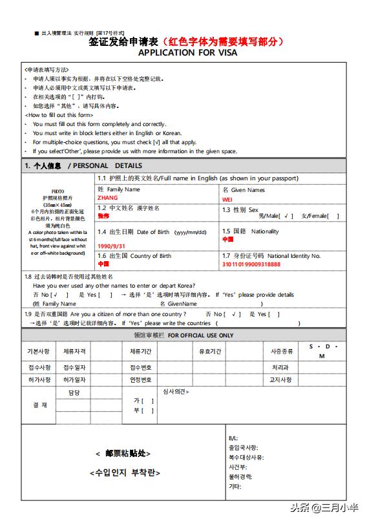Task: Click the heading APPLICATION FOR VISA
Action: coord(187,52)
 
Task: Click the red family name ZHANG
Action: coord(107,198)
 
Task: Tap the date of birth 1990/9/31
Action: coord(112,246)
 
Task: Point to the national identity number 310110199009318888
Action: coord(251,264)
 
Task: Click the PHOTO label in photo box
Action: coord(58,192)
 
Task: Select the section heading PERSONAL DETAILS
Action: coord(107,165)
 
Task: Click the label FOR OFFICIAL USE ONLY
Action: coord(201,335)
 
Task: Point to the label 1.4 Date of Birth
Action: coord(152,232)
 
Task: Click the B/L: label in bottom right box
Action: coord(233,438)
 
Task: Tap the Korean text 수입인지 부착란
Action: coord(124,473)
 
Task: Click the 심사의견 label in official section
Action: coord(176,392)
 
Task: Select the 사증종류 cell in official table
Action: coord(281,351)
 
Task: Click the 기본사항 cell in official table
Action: coord(38,351)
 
